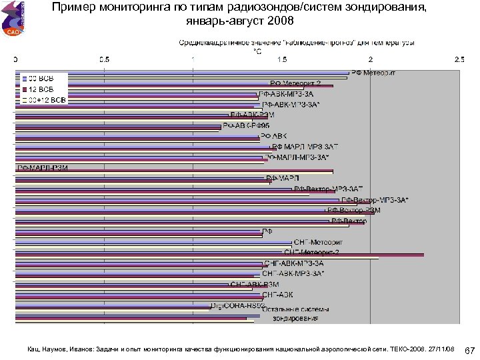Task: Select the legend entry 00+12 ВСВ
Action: click(45, 100)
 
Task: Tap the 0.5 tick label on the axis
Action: click(104, 59)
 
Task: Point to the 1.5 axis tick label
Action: click(282, 59)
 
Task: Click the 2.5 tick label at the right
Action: click(459, 59)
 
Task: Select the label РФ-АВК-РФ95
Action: click(246, 125)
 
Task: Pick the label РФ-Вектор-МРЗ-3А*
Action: click(375, 199)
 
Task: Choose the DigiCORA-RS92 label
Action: click(233, 305)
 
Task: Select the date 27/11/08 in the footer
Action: click(439, 349)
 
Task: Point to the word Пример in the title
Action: click(73, 7)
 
